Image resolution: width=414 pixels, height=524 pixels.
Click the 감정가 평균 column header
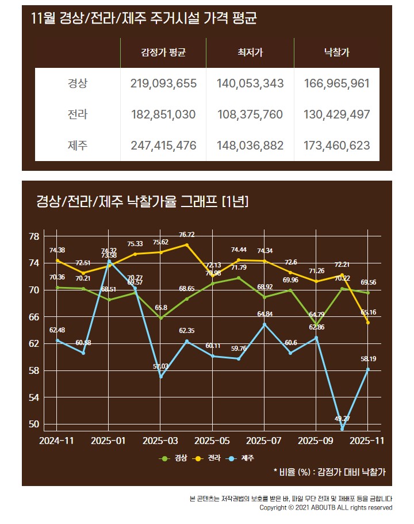(x=163, y=53)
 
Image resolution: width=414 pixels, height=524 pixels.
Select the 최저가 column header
(x=250, y=53)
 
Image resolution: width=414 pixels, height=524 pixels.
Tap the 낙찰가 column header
(x=337, y=53)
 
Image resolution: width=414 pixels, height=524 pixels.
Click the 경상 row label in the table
(x=78, y=83)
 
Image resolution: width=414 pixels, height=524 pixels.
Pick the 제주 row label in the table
(x=78, y=146)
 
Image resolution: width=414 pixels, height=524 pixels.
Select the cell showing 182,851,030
(x=163, y=114)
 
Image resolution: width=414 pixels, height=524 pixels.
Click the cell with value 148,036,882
(x=250, y=146)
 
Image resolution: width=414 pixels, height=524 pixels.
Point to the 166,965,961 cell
(x=337, y=83)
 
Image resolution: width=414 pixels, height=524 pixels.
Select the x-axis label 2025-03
(x=160, y=441)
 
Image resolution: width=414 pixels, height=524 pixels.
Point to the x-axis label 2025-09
(x=316, y=441)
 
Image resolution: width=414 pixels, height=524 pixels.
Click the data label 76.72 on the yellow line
(x=186, y=235)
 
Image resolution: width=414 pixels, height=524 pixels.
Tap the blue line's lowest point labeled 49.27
(x=342, y=429)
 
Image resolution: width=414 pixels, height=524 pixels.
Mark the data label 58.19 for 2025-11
(x=368, y=359)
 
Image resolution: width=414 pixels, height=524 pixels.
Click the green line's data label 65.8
(x=161, y=308)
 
